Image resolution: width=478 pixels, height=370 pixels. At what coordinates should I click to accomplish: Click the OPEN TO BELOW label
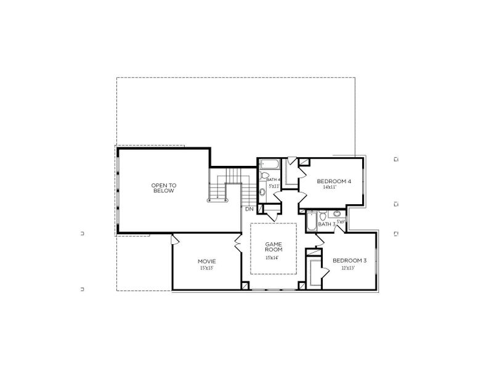pyautogui.click(x=163, y=188)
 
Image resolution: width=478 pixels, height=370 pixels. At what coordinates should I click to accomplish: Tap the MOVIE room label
pyautogui.click(x=206, y=261)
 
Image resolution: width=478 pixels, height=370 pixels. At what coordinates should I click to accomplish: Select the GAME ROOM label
pyautogui.click(x=273, y=247)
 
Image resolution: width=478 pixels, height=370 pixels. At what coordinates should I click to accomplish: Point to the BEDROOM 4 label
pyautogui.click(x=334, y=181)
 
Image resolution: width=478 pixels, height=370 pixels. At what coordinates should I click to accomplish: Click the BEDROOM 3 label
pyautogui.click(x=349, y=261)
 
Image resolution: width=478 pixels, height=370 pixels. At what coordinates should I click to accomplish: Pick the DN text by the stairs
pyautogui.click(x=249, y=210)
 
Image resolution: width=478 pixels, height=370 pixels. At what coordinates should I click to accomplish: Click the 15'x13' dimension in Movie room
pyautogui.click(x=206, y=268)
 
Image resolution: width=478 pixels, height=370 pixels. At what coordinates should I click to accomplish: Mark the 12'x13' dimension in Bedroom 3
pyautogui.click(x=349, y=268)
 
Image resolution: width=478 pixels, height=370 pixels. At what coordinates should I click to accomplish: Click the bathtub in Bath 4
pyautogui.click(x=270, y=165)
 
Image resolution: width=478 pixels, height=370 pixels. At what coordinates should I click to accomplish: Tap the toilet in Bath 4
pyautogui.click(x=264, y=176)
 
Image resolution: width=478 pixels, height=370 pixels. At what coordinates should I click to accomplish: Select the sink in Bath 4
pyautogui.click(x=263, y=192)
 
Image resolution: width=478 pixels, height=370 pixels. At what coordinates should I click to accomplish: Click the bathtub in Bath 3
pyautogui.click(x=311, y=220)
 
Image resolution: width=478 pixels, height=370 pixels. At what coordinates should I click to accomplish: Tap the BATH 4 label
pyautogui.click(x=273, y=179)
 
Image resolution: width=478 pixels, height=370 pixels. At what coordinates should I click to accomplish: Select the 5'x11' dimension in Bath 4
pyautogui.click(x=275, y=186)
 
